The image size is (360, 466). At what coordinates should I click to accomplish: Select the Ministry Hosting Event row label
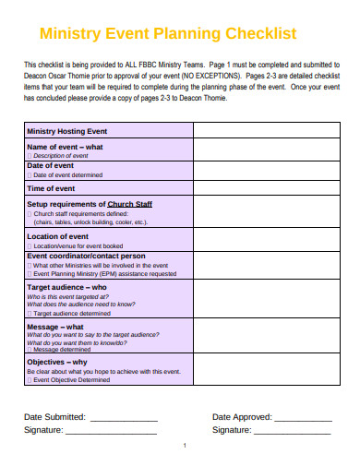tap(67, 131)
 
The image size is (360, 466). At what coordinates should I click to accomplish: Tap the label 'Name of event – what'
tap(65, 147)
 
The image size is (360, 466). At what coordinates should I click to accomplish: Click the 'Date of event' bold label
tap(56, 165)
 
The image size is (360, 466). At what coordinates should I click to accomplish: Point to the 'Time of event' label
tap(56, 187)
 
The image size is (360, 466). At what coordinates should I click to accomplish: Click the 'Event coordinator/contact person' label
tap(86, 256)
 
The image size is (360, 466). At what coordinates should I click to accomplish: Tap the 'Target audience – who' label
tap(66, 287)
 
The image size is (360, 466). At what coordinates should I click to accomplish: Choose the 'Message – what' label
tap(55, 326)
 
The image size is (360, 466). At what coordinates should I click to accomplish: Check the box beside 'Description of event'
tap(30, 155)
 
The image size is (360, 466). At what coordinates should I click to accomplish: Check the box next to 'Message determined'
tap(30, 350)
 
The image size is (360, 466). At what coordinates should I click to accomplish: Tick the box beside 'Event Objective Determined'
tap(30, 379)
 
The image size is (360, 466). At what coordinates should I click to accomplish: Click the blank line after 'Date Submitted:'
tap(124, 418)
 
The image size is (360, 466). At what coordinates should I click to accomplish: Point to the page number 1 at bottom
tap(185, 446)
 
